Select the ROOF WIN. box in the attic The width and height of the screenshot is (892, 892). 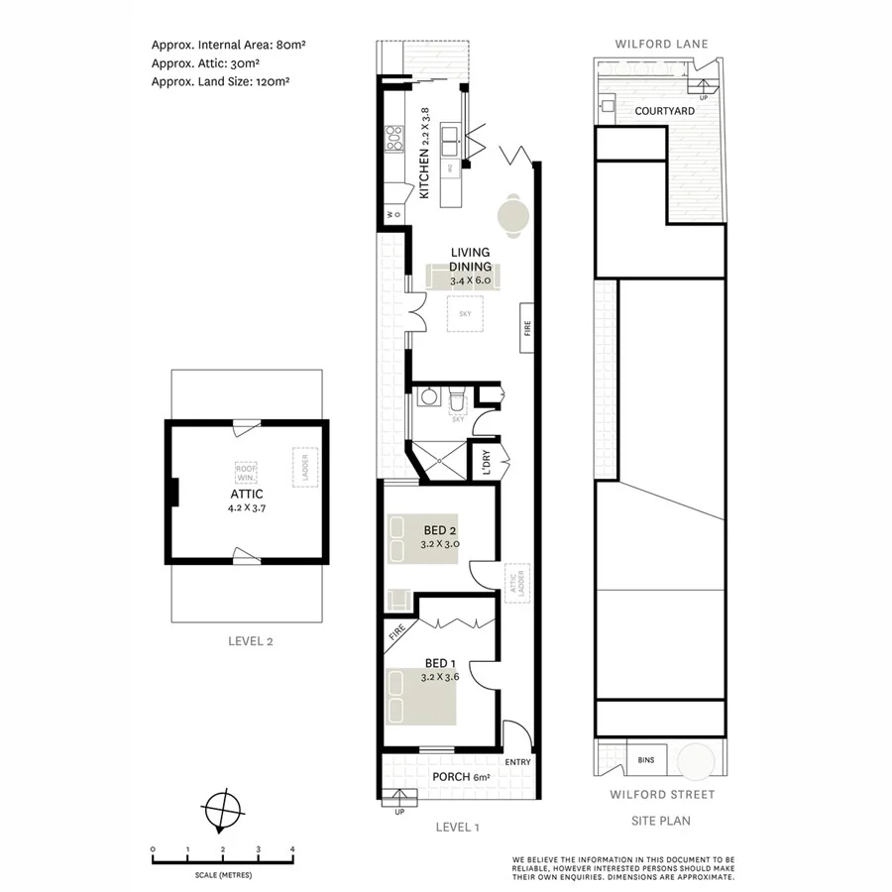tap(246, 473)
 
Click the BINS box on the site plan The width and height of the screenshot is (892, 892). tap(645, 761)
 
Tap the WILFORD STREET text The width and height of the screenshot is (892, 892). tap(661, 794)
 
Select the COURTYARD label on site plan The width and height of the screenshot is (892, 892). tap(664, 111)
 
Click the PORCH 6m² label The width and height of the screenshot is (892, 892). tap(461, 778)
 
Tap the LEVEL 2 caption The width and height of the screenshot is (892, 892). tap(246, 640)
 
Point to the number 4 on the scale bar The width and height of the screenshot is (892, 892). tap(292, 849)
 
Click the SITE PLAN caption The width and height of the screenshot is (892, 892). tap(661, 820)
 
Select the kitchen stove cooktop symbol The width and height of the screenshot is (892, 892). tap(393, 138)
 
